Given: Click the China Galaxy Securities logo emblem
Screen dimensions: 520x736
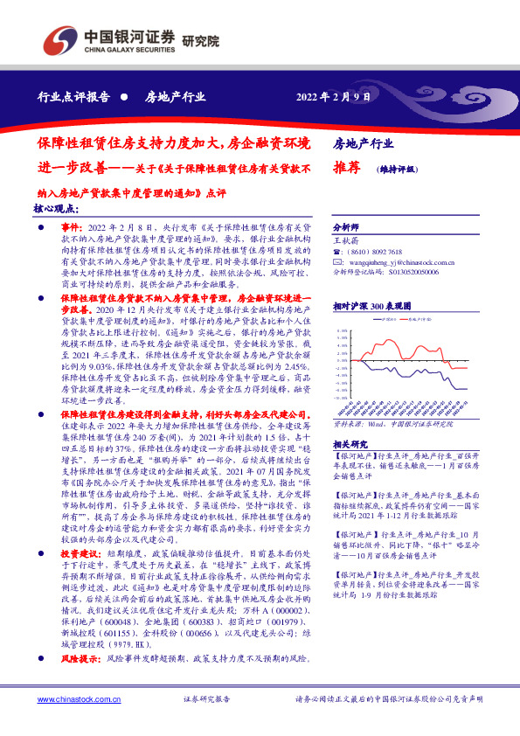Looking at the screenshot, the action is pos(59,42).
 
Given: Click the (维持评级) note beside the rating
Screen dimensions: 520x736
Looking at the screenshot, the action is pos(397,170).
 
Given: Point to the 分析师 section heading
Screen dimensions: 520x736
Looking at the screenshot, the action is pos(347,226).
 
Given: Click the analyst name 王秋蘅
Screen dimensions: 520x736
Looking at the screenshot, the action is pos(347,238).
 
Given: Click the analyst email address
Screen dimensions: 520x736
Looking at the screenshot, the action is pos(401,260).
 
